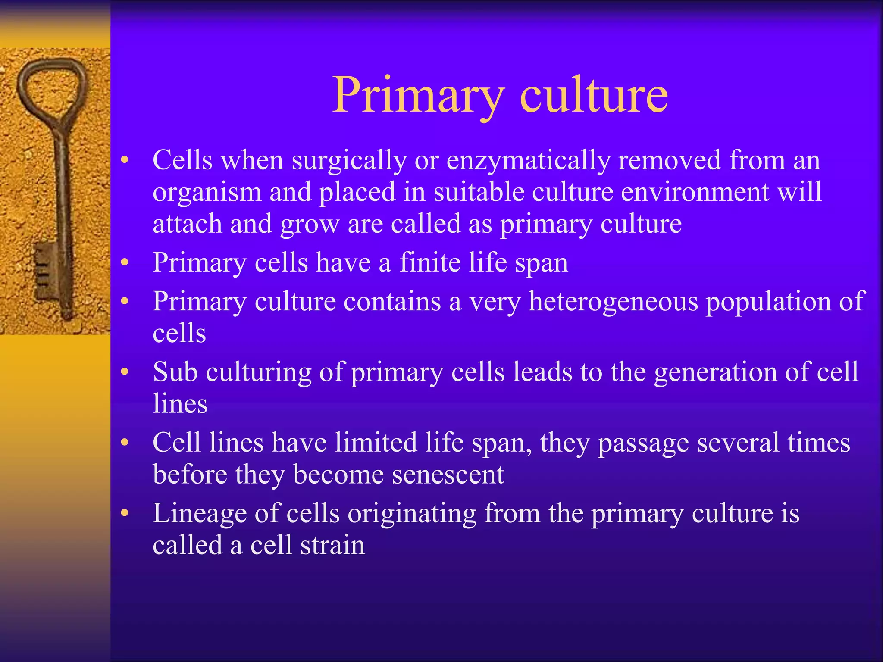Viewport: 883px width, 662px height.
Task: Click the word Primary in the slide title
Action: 417,96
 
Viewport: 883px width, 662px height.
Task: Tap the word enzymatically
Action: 528,160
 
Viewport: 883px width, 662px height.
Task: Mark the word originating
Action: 412,514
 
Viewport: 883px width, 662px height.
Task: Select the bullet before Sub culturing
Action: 125,372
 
